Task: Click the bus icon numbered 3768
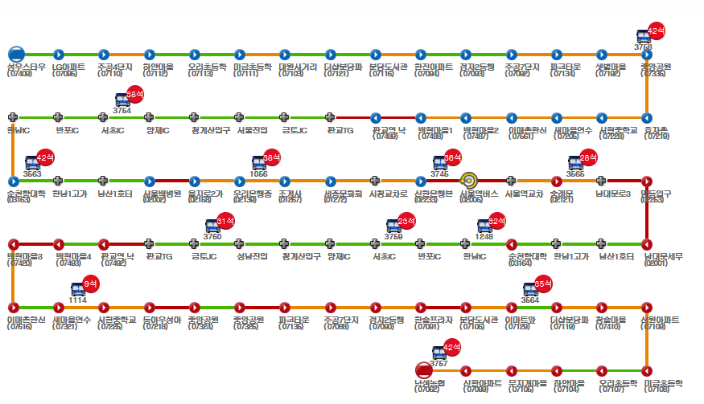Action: pos(644,36)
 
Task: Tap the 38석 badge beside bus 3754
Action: pos(134,94)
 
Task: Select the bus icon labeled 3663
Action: pos(33,163)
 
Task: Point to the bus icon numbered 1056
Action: pos(259,163)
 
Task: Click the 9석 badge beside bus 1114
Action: pos(91,283)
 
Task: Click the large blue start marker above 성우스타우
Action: pos(16,54)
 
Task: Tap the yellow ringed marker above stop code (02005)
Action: pos(469,181)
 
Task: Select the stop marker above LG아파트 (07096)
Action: pos(59,54)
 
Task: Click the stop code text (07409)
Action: pos(19,74)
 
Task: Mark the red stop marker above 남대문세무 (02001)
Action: pos(646,244)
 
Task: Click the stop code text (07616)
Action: pos(19,328)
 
